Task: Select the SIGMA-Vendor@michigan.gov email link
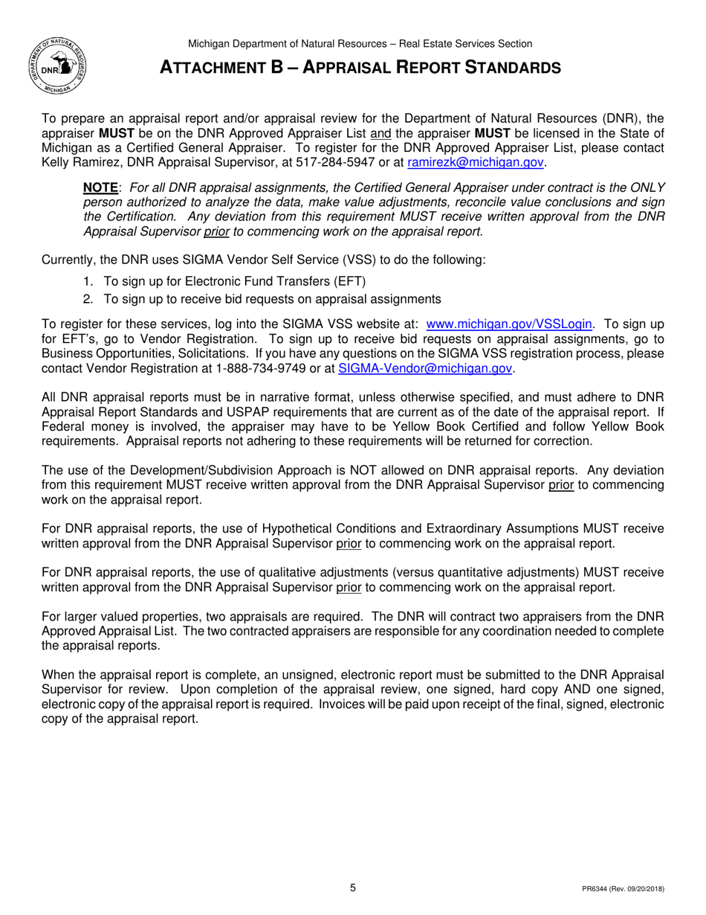[425, 367]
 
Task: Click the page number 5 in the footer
[353, 887]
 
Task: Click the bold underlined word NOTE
[100, 187]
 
